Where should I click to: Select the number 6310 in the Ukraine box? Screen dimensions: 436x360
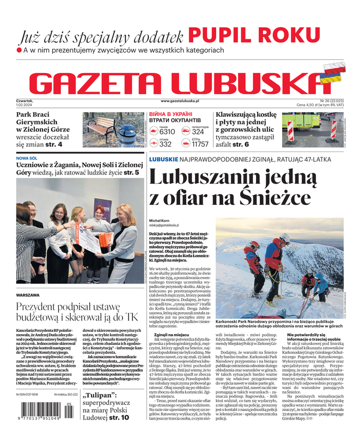[167, 132]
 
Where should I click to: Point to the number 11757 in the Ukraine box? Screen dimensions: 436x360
[200, 144]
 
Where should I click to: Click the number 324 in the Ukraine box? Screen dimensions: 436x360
[198, 132]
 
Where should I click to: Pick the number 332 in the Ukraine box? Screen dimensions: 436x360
[165, 144]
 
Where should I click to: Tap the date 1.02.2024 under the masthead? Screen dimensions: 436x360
[26, 105]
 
